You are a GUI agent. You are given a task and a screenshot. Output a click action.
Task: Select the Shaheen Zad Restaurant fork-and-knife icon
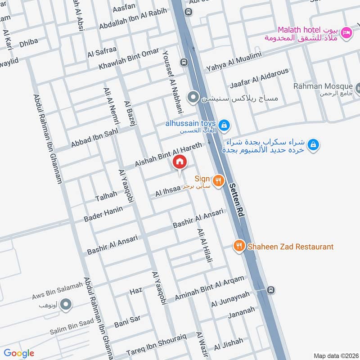(x=238, y=246)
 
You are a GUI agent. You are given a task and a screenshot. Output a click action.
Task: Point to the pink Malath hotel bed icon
(x=346, y=32)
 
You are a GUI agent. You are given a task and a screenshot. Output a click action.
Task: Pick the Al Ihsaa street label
(x=168, y=192)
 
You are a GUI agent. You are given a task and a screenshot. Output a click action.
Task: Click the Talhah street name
(x=106, y=196)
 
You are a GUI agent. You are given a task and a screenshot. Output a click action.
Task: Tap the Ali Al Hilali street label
(x=204, y=246)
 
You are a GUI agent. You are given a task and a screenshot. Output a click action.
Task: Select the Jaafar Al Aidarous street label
(x=258, y=80)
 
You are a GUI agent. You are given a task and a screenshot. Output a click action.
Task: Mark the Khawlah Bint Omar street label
(x=129, y=59)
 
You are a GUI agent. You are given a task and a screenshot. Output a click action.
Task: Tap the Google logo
(x=18, y=353)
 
